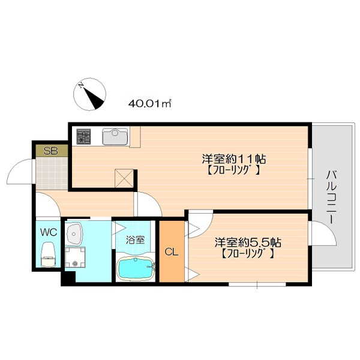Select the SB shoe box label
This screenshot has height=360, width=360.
(51, 151)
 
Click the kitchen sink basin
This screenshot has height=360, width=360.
(115, 137)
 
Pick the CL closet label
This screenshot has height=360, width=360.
(172, 252)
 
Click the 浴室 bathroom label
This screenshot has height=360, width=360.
(134, 239)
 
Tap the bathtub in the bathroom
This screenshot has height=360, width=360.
(135, 268)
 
